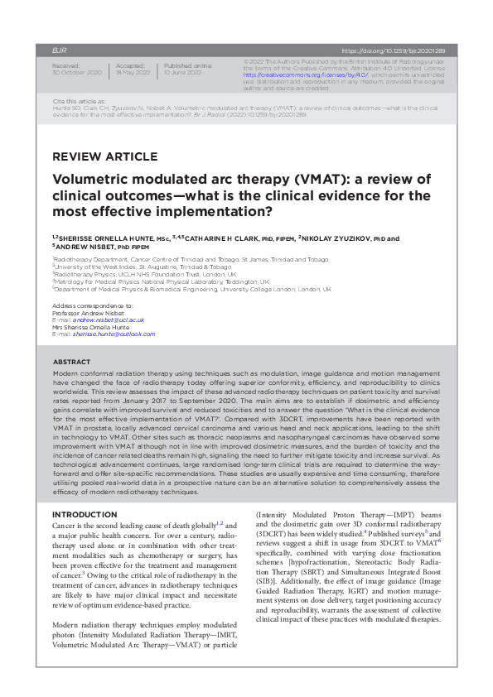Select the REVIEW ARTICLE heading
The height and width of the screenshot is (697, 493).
pos(104,156)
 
